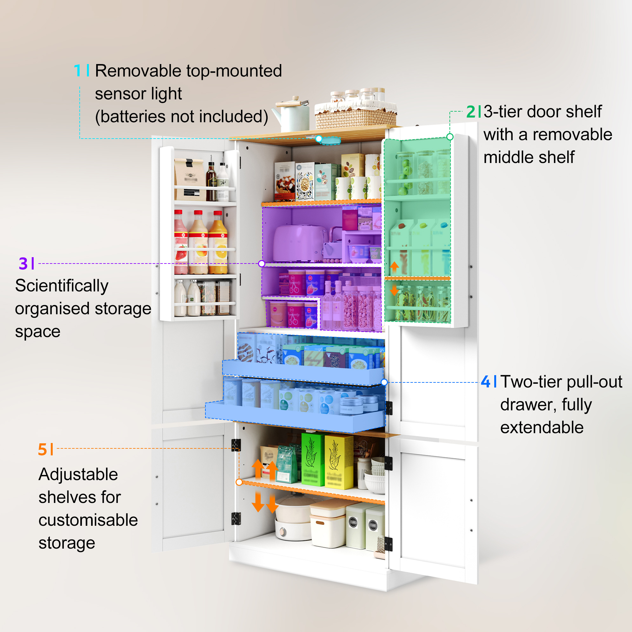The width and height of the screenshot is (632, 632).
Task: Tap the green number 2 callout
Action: [x=471, y=112]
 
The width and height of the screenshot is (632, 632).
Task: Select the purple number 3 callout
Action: [x=23, y=263]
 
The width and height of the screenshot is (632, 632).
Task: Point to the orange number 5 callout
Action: [x=43, y=449]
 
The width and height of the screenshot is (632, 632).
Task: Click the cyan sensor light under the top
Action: [x=330, y=140]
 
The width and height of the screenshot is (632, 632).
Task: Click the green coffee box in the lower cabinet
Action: [x=313, y=459]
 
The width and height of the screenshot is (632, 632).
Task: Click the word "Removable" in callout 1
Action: [x=138, y=71]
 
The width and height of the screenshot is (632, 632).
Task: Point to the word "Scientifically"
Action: [x=62, y=286]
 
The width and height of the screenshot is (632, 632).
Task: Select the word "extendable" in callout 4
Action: [x=542, y=427]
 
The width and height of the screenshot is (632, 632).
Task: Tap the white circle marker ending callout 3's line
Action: [x=261, y=264]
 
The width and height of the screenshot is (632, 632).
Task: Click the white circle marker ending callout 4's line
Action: [x=384, y=382]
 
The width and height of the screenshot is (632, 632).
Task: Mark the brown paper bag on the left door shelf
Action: [x=190, y=179]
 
